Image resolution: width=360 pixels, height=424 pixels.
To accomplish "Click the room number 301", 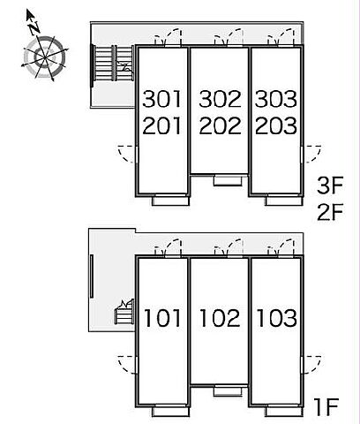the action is click(x=161, y=99).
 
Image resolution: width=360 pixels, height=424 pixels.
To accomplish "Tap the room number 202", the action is click(x=220, y=125).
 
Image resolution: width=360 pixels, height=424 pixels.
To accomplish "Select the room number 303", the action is click(x=275, y=99).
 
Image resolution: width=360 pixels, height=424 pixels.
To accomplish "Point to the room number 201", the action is click(x=161, y=125).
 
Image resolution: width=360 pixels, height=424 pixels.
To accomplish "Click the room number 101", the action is click(x=162, y=318).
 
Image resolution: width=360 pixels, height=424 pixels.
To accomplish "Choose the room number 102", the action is click(x=220, y=318).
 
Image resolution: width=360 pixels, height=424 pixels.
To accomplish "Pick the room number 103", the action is click(x=276, y=318).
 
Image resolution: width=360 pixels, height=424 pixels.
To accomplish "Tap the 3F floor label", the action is click(x=330, y=185).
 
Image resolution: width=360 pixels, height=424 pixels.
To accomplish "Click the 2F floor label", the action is click(x=330, y=212).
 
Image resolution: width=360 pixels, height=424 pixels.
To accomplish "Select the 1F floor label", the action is click(x=326, y=407).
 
